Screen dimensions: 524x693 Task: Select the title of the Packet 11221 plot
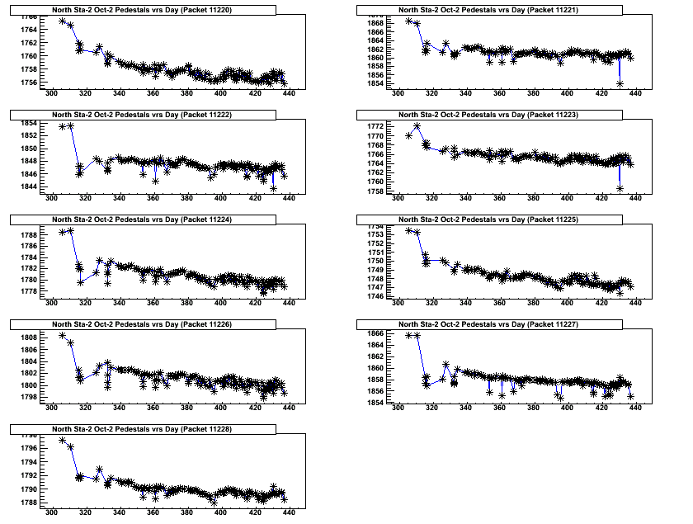click(x=488, y=10)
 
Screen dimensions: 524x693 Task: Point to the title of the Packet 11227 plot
click(x=488, y=324)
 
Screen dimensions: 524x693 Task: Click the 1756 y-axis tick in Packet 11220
click(x=27, y=83)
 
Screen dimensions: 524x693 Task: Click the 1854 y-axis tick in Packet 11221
click(x=374, y=83)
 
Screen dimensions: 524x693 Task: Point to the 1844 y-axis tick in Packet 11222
click(x=27, y=186)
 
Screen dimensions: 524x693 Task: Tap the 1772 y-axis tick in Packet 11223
click(x=374, y=125)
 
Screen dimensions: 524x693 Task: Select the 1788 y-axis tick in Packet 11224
click(x=27, y=234)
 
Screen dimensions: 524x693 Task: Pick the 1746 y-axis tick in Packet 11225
click(x=374, y=295)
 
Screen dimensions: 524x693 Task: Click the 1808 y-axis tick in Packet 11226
click(x=27, y=338)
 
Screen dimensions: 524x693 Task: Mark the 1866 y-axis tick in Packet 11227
click(x=374, y=333)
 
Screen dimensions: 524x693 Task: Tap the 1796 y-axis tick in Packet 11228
click(x=27, y=448)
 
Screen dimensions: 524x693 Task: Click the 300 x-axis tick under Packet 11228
click(x=51, y=512)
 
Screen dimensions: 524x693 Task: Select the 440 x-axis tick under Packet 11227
click(x=635, y=408)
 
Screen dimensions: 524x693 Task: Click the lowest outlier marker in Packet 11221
click(x=620, y=83)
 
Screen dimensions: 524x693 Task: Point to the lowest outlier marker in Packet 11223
click(x=620, y=188)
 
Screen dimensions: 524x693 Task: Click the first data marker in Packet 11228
click(x=63, y=440)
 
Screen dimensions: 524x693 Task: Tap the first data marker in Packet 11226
click(x=63, y=335)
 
